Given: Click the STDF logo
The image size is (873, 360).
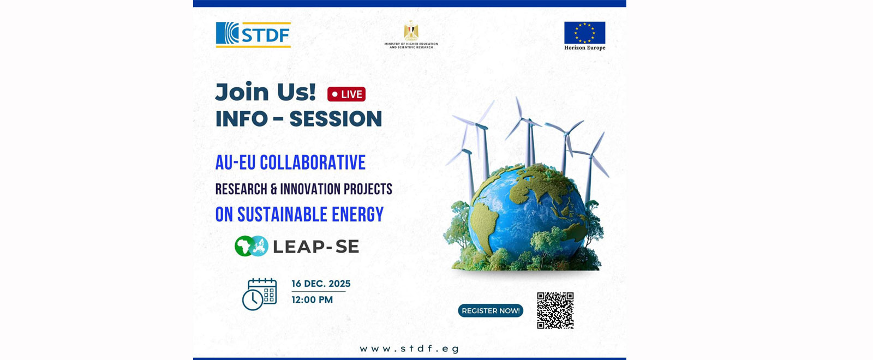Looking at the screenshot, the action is click(x=253, y=35).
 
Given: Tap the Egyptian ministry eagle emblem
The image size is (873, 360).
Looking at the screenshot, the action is click(x=411, y=31).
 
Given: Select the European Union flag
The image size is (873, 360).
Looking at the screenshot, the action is click(x=584, y=33).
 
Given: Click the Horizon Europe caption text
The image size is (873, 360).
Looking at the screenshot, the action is click(x=584, y=48).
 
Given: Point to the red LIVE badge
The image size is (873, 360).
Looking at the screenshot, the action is click(x=346, y=94).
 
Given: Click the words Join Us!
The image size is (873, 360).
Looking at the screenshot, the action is click(x=265, y=92).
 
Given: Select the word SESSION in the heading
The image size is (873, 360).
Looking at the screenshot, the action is click(x=336, y=119).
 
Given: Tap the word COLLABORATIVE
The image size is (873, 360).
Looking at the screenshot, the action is click(x=313, y=163).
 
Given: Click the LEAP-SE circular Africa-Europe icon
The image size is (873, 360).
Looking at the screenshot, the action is click(x=252, y=246).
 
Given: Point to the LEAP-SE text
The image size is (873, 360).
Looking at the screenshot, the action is click(x=316, y=247).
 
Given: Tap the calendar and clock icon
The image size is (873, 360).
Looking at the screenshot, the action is click(x=259, y=294).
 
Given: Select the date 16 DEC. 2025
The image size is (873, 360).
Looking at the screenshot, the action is click(x=321, y=284).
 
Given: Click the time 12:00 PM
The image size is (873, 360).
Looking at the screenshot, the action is click(x=312, y=299).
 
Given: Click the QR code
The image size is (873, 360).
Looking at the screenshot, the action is click(x=555, y=310).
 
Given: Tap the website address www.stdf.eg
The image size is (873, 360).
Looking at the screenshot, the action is click(x=409, y=349).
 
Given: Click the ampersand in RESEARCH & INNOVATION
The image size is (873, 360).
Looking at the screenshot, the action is click(x=273, y=189).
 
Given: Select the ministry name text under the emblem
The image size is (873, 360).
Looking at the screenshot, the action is click(x=411, y=46).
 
